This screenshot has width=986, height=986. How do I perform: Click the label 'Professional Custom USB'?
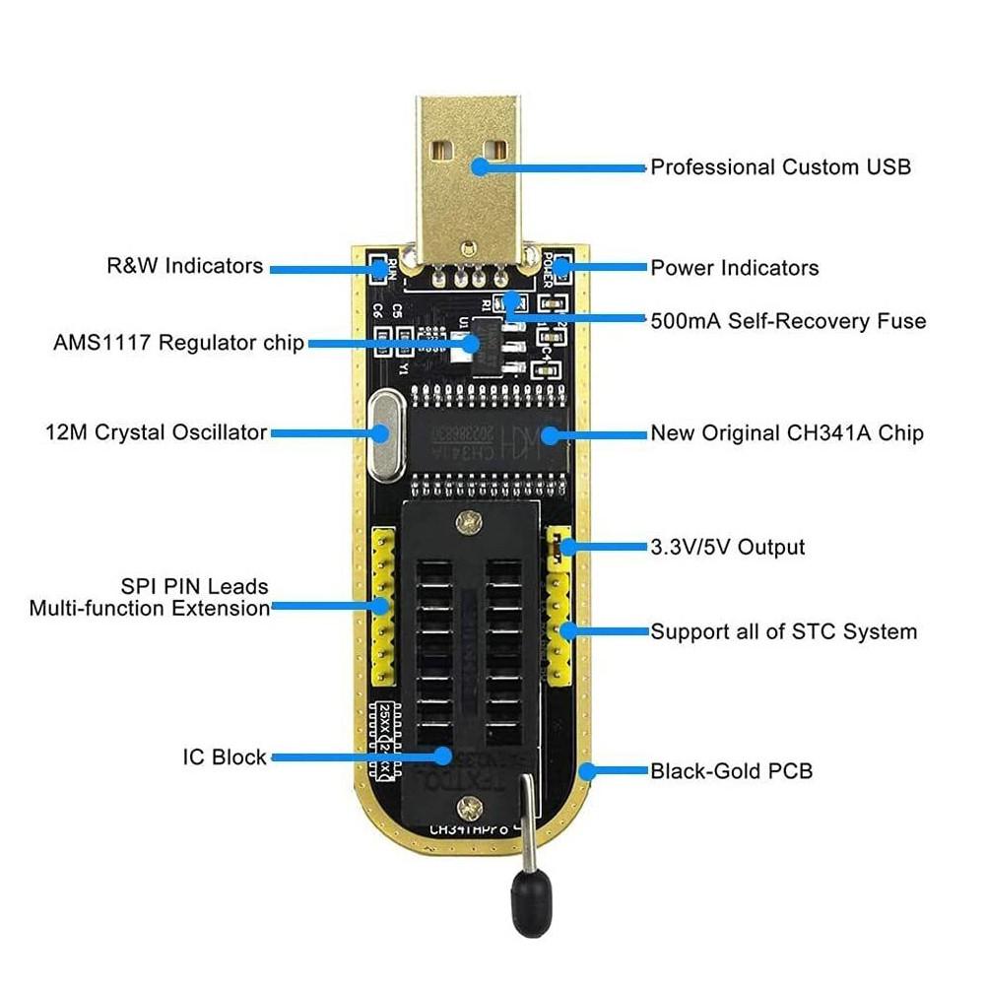pyautogui.click(x=780, y=167)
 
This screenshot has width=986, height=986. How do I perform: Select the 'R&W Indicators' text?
pyautogui.click(x=184, y=266)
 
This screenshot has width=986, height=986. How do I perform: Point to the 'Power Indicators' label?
pyautogui.click(x=734, y=268)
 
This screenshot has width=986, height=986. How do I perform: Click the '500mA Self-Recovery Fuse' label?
pyautogui.click(x=787, y=321)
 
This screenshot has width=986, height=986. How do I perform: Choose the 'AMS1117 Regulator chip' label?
pyautogui.click(x=178, y=343)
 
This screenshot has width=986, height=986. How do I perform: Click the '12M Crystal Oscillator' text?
pyautogui.click(x=156, y=432)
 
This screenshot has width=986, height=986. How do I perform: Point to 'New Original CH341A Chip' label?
pyautogui.click(x=786, y=433)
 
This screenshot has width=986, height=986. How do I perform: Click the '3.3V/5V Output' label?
pyautogui.click(x=727, y=548)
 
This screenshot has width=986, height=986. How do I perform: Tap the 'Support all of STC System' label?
pyautogui.click(x=783, y=631)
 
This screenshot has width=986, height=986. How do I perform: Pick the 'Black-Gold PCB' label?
pyautogui.click(x=731, y=771)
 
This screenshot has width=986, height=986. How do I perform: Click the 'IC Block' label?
pyautogui.click(x=225, y=757)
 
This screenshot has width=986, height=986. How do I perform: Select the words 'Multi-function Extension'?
pyautogui.click(x=150, y=609)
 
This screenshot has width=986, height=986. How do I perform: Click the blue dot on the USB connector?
pyautogui.click(x=480, y=165)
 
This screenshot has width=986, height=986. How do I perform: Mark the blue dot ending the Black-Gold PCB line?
pyautogui.click(x=588, y=771)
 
